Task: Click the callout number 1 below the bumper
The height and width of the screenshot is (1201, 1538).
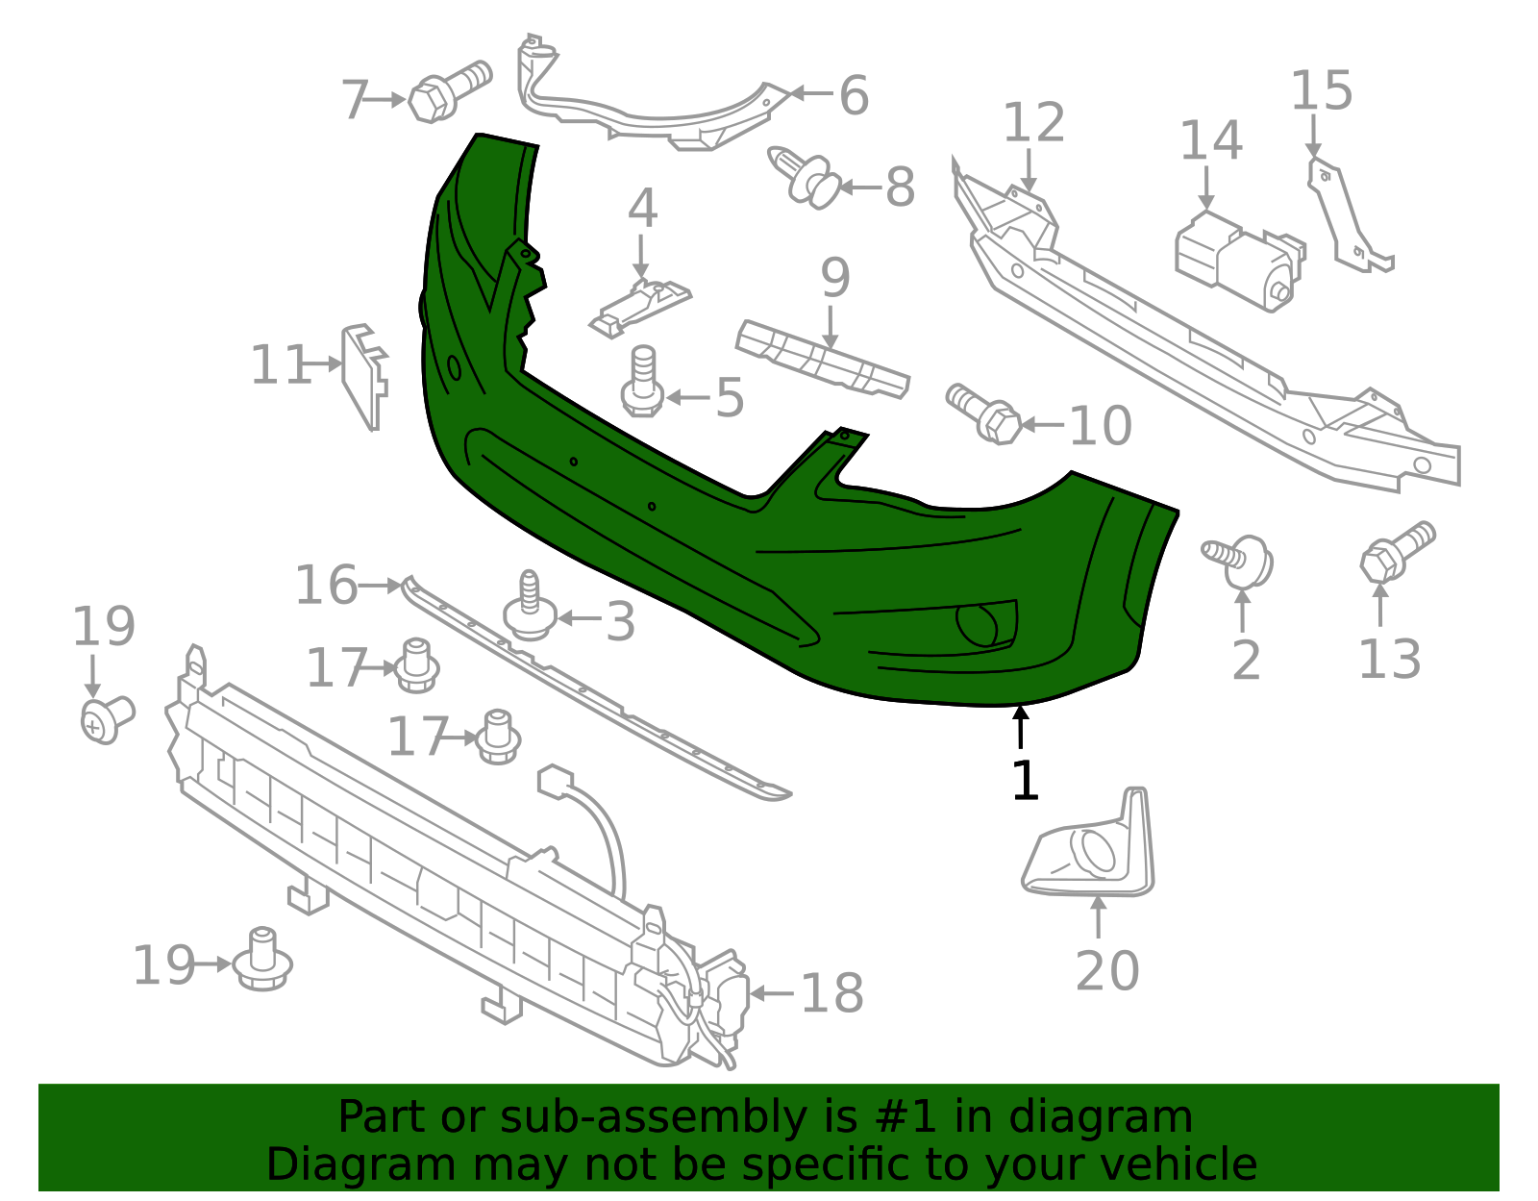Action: [1025, 780]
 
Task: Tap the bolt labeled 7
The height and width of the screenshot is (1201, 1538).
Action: [447, 90]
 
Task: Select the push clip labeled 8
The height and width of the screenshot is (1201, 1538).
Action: [806, 179]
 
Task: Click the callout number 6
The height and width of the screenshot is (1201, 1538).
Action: [854, 95]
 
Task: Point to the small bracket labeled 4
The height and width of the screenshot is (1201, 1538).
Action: [639, 305]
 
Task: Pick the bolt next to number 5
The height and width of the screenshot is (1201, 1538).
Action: [643, 383]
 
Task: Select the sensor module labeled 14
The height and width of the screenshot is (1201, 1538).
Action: [1237, 260]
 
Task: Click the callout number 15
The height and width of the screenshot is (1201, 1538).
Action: [1321, 91]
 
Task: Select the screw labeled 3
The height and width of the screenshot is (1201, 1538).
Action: [529, 607]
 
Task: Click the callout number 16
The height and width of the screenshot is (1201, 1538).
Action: [326, 586]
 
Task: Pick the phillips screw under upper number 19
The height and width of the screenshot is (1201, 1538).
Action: [105, 719]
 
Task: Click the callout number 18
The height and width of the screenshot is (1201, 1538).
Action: [831, 993]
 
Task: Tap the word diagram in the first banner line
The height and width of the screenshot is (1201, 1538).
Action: [1121, 1117]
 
